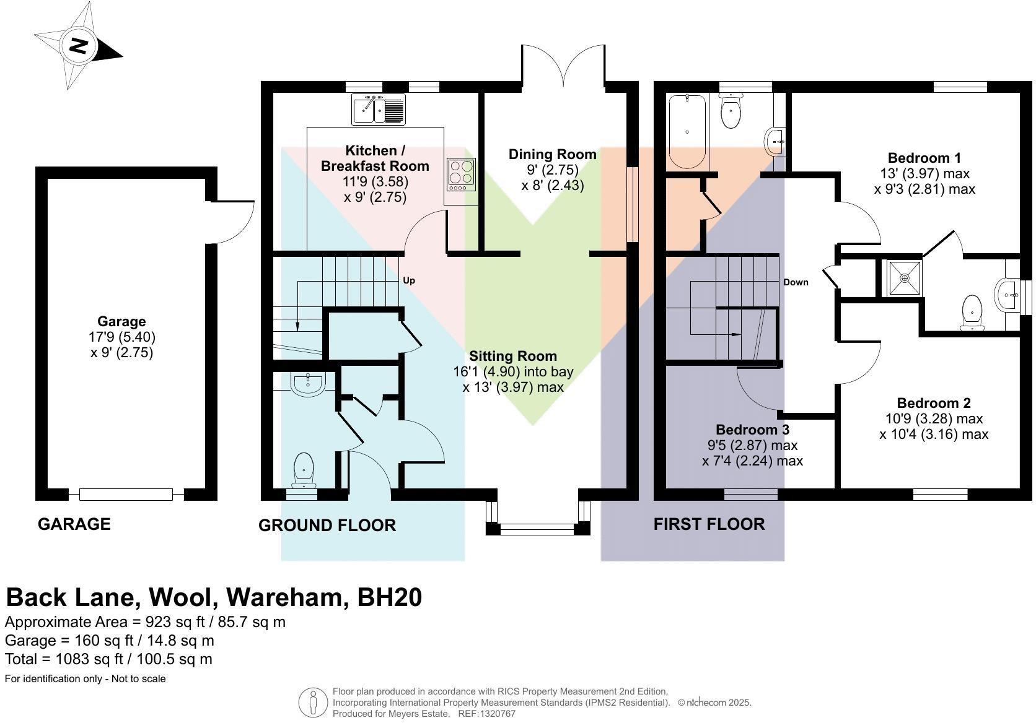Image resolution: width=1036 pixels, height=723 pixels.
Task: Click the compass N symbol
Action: point(78,46)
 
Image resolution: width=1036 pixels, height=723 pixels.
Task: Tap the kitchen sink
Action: point(378,110)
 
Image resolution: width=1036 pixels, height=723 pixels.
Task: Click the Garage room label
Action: point(121,321)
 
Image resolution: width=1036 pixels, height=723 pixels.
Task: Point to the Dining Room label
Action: point(552,154)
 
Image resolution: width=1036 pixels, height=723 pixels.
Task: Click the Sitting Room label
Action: point(512,356)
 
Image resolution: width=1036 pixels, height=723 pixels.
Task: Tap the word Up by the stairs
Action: point(409,280)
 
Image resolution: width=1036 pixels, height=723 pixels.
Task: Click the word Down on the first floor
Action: point(796,282)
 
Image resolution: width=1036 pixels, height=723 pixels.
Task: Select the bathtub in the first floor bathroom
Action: point(687,131)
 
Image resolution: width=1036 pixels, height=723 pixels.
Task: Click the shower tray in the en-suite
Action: point(904,278)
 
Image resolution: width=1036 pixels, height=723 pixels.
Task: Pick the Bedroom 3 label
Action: point(752,430)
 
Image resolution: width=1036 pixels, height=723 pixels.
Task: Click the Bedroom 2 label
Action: point(933,403)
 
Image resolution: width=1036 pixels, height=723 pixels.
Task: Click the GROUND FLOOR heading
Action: point(327,526)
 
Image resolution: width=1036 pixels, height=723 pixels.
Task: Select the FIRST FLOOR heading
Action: point(709,524)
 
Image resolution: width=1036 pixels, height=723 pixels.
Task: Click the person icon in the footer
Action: point(313,703)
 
